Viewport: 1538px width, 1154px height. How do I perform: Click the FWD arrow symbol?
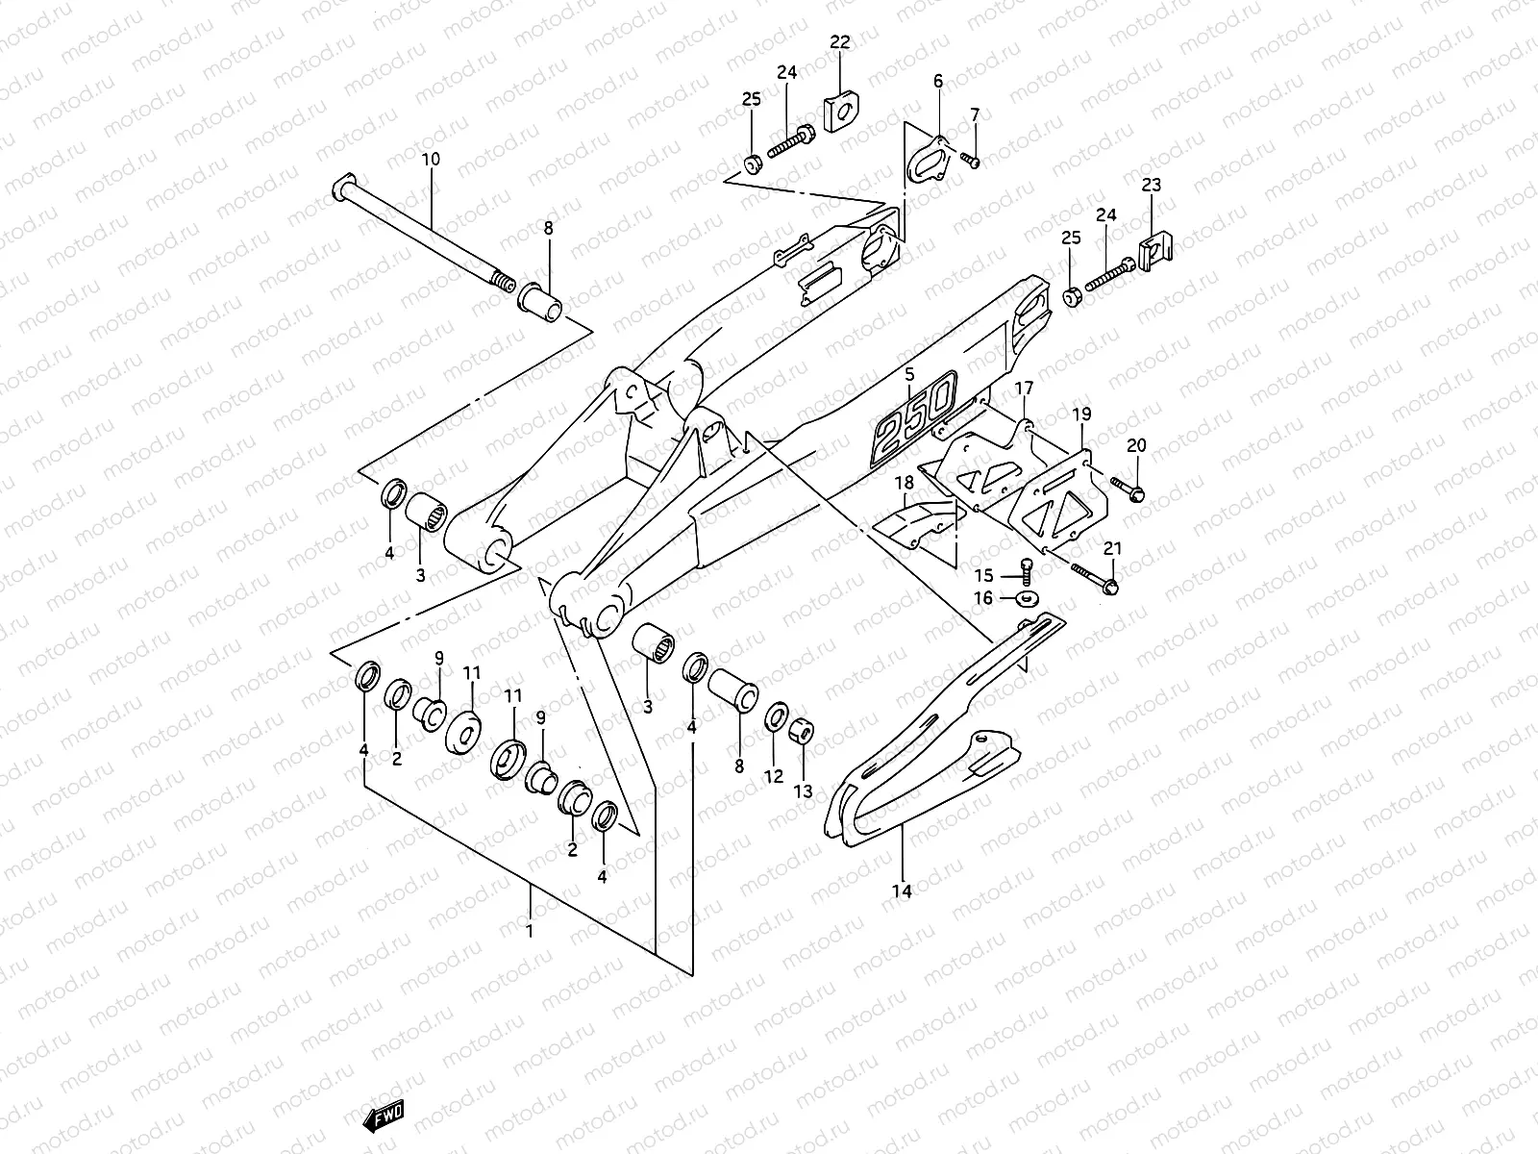pyautogui.click(x=384, y=1114)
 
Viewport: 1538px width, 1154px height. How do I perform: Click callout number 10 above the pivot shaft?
pyautogui.click(x=430, y=158)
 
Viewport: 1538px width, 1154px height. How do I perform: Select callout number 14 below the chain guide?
pyautogui.click(x=901, y=891)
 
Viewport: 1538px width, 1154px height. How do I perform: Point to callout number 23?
pyautogui.click(x=1152, y=185)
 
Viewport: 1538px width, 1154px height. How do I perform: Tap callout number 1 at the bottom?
pyautogui.click(x=529, y=930)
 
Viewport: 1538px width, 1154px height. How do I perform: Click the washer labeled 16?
pyautogui.click(x=1028, y=600)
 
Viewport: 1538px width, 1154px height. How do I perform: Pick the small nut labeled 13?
pyautogui.click(x=801, y=734)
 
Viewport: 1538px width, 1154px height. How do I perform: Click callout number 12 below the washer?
pyautogui.click(x=774, y=776)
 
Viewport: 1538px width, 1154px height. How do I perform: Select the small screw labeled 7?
pyautogui.click(x=971, y=162)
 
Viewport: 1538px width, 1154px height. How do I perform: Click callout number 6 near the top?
pyautogui.click(x=938, y=82)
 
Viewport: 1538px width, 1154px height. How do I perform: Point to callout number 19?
pyautogui.click(x=1081, y=414)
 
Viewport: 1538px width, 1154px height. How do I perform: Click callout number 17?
pyautogui.click(x=1024, y=388)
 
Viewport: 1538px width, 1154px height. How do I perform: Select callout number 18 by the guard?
pyautogui.click(x=905, y=481)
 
